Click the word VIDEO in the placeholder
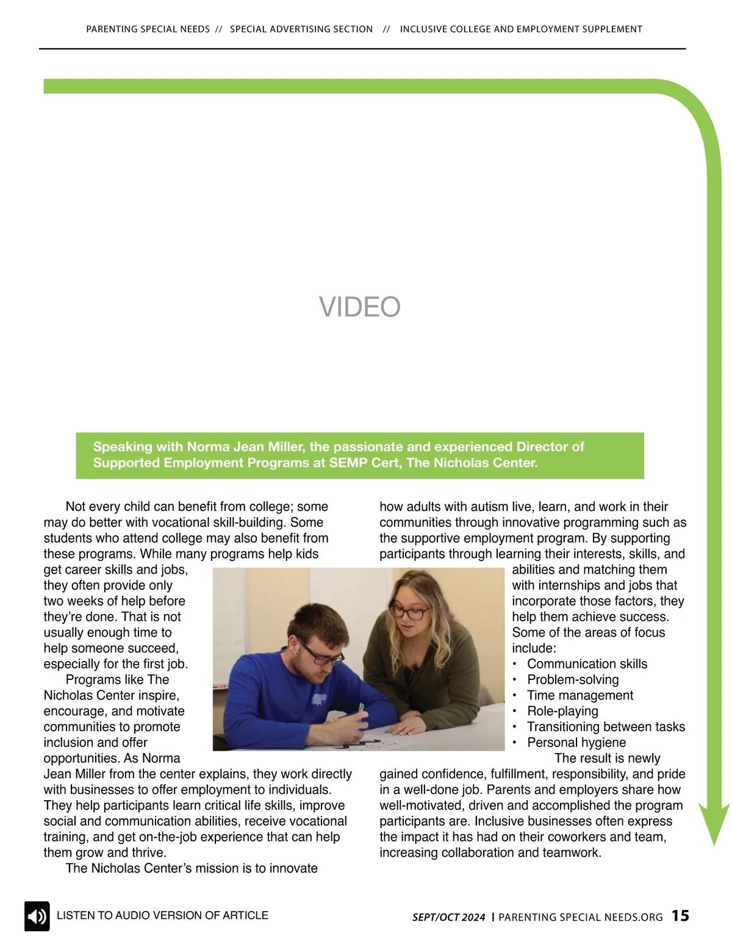click(x=359, y=307)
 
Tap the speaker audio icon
click(x=37, y=916)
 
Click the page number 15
click(x=680, y=916)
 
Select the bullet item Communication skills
click(x=587, y=664)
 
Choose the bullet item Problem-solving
click(x=573, y=680)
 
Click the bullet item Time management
click(x=580, y=696)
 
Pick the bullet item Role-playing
click(x=562, y=711)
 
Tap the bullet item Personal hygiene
click(x=576, y=743)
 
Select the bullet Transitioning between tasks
click(x=606, y=727)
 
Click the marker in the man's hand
click(x=361, y=709)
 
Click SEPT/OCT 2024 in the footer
click(x=449, y=917)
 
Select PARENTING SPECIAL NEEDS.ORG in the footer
click(x=581, y=917)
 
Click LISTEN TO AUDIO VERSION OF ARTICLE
click(x=162, y=915)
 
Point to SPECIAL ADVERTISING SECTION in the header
click(x=301, y=29)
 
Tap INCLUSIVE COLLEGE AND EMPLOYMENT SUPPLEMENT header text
click(x=521, y=29)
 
